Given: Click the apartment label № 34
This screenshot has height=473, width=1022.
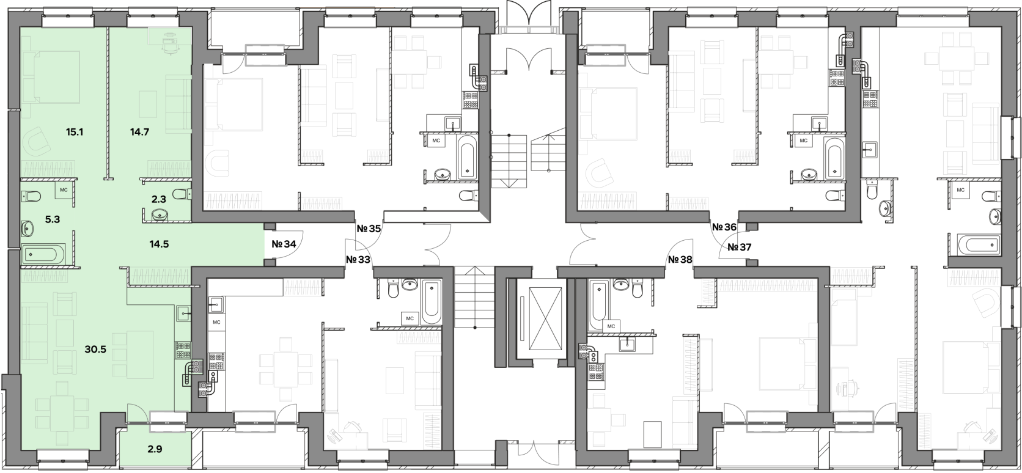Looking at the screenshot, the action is [x=284, y=244].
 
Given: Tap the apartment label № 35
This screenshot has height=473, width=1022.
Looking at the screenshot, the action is [x=369, y=229].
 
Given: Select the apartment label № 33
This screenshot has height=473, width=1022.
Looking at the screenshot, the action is [x=358, y=260].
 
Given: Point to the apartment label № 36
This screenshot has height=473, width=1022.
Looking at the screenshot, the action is [x=724, y=227].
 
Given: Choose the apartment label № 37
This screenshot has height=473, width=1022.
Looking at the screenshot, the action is [x=739, y=248].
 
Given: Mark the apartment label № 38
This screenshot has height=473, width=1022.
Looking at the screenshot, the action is [x=680, y=260].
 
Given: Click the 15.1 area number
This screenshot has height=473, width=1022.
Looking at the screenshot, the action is [x=75, y=133].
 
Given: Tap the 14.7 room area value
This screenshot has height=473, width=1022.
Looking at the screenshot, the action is [x=139, y=133].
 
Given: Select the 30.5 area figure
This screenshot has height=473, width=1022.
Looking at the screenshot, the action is [x=95, y=350].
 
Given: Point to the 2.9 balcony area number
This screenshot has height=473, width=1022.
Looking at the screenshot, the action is [x=155, y=449].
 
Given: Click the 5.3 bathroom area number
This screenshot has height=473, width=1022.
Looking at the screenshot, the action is [x=53, y=219].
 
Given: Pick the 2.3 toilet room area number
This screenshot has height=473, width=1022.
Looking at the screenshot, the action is [x=159, y=199].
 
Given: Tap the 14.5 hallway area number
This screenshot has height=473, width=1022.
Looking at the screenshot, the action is [x=160, y=244].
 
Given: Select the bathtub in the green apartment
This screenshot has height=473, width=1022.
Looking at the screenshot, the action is [x=44, y=254].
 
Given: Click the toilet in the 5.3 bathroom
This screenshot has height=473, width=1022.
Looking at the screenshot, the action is [x=31, y=197].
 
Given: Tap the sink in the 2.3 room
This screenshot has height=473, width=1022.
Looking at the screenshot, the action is [x=160, y=213].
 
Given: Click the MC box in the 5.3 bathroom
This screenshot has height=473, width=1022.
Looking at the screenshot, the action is [x=64, y=190].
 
